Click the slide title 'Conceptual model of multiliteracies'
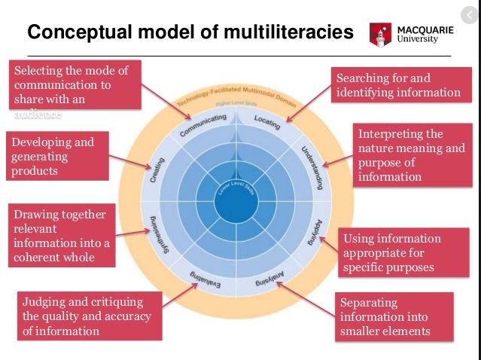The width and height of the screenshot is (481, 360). pyautogui.click(x=190, y=32)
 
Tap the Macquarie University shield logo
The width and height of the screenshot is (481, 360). pyautogui.click(x=381, y=34)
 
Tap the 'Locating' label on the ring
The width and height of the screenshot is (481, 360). pyautogui.click(x=267, y=122)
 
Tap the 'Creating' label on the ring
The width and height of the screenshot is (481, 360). pyautogui.click(x=157, y=169)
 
